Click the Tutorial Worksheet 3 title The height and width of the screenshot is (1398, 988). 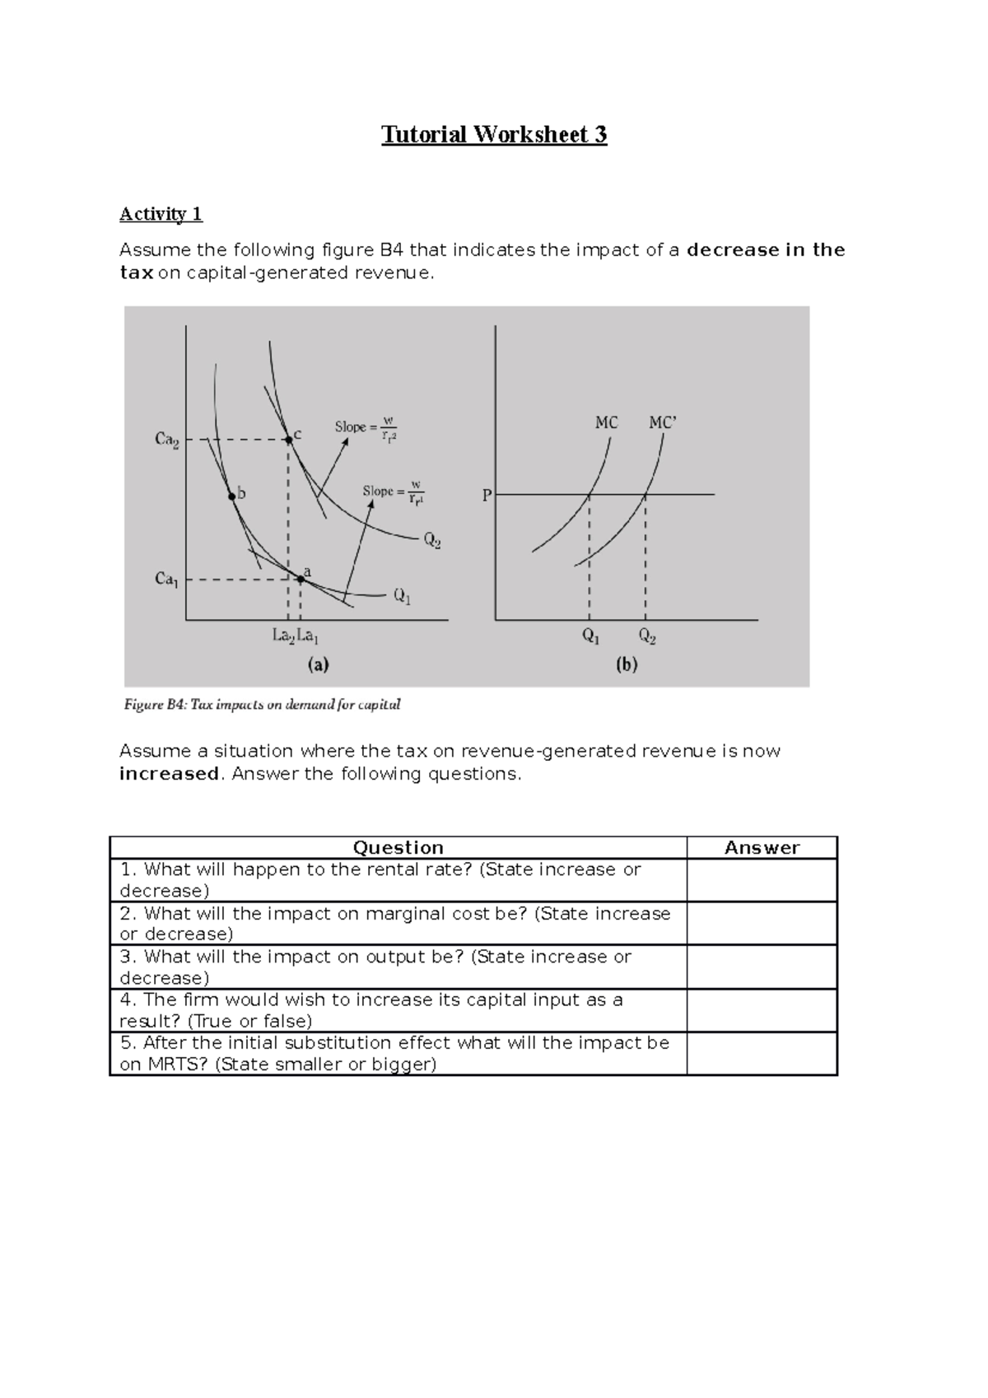tap(494, 134)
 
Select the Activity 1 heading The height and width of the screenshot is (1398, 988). tap(161, 214)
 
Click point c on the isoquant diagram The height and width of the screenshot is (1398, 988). tap(289, 440)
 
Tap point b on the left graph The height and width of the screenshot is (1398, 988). tap(233, 496)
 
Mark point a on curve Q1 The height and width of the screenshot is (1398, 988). tap(301, 580)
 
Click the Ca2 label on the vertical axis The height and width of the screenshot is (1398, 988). tap(166, 440)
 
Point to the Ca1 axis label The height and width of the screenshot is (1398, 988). tap(166, 580)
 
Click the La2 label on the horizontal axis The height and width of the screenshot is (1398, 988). tap(283, 636)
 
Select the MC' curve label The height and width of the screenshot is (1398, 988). tap(662, 423)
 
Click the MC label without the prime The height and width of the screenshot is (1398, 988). tap(606, 423)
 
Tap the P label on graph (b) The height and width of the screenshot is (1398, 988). tap(487, 496)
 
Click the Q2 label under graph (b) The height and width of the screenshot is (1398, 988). tap(646, 637)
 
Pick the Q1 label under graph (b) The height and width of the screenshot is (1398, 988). tap(590, 637)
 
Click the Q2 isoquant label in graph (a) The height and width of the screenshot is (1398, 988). tap(432, 541)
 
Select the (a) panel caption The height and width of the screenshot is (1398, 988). tap(318, 664)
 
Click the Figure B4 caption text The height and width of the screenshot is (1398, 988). tap(262, 705)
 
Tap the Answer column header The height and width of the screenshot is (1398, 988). tap(762, 848)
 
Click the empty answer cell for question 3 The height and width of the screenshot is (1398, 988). tap(762, 967)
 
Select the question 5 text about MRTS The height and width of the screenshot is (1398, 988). tap(395, 1053)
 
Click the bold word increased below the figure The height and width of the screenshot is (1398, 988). tap(169, 774)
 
